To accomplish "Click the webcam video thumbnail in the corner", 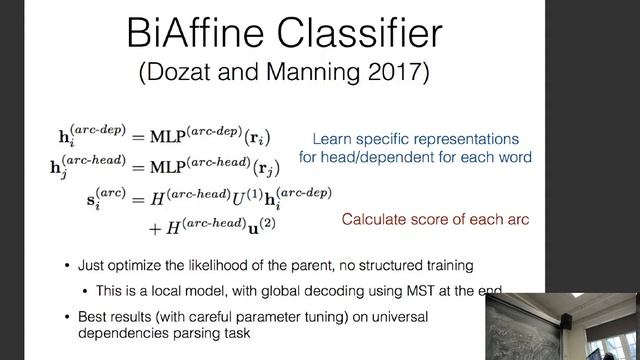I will point(562,326).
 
